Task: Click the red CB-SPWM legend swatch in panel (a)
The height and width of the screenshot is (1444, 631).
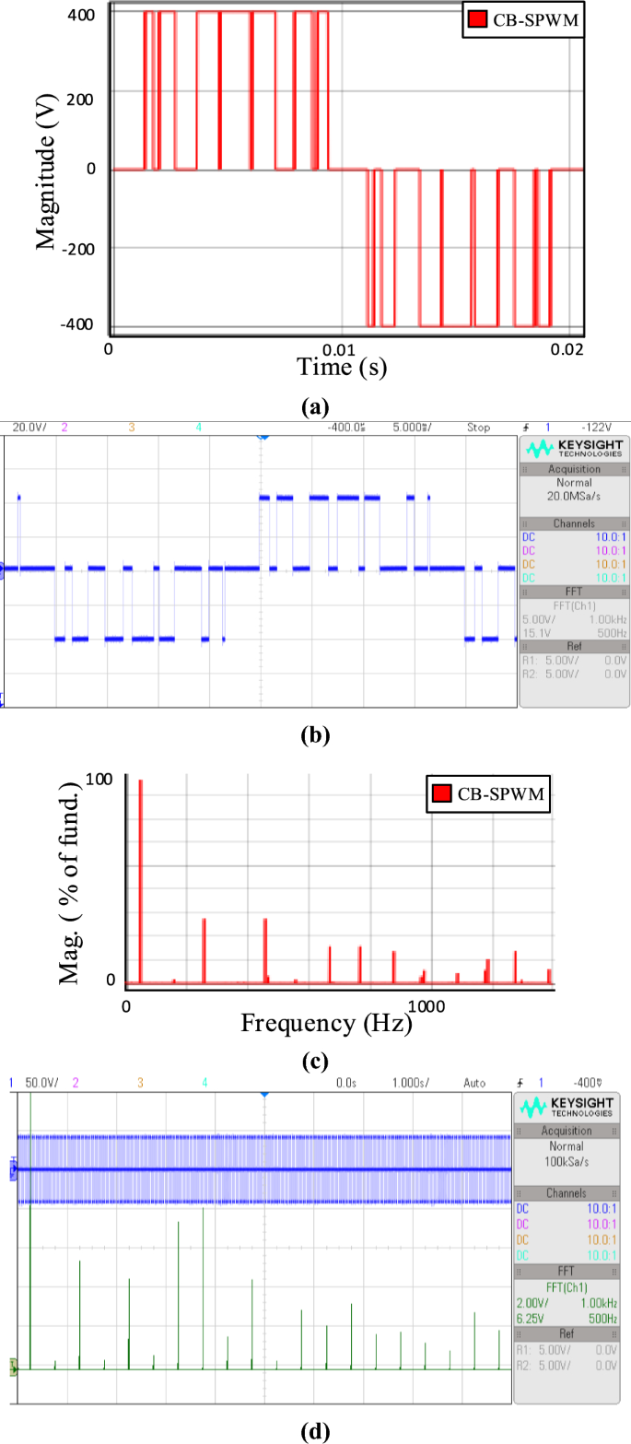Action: (475, 20)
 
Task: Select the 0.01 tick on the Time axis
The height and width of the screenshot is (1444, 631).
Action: (340, 350)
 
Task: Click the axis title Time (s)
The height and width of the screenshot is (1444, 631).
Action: (342, 368)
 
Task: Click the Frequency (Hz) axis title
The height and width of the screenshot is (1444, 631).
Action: (325, 1022)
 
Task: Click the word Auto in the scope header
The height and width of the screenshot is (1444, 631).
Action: (474, 1083)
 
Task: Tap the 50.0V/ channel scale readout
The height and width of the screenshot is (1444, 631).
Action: (41, 1083)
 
